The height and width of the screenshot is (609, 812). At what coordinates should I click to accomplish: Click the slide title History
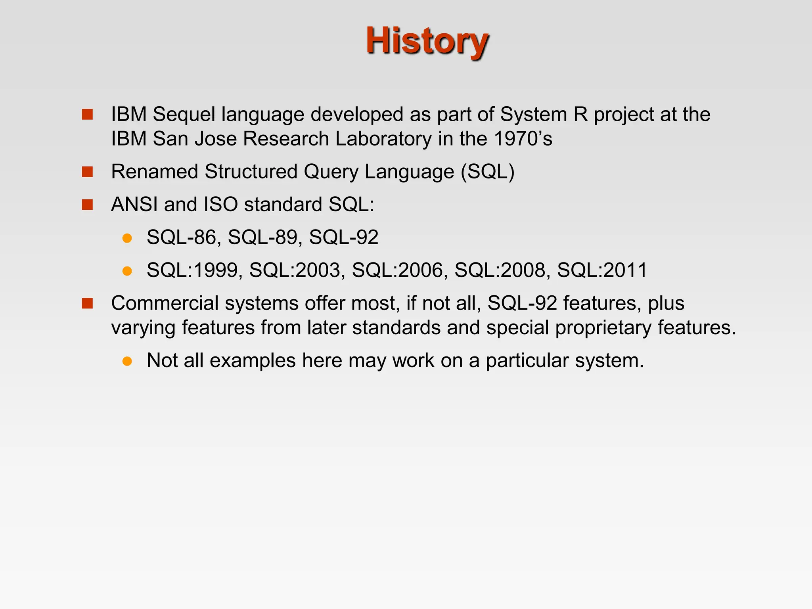point(427,41)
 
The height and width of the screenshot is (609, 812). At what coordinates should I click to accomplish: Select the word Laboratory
point(383,139)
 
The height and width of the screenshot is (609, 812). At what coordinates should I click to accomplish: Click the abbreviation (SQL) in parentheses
point(487,172)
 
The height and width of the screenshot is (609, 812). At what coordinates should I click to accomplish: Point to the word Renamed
point(154,172)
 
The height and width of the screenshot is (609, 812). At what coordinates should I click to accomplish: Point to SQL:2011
point(602,270)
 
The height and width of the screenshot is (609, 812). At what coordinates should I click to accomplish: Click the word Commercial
point(165,303)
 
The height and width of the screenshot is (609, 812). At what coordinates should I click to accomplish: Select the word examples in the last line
point(253,361)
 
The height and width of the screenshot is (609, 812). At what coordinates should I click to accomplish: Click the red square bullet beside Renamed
point(87,172)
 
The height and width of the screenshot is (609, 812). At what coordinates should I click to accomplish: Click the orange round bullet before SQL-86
point(127,238)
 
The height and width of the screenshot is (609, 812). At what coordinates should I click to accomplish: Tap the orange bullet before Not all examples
point(127,361)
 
